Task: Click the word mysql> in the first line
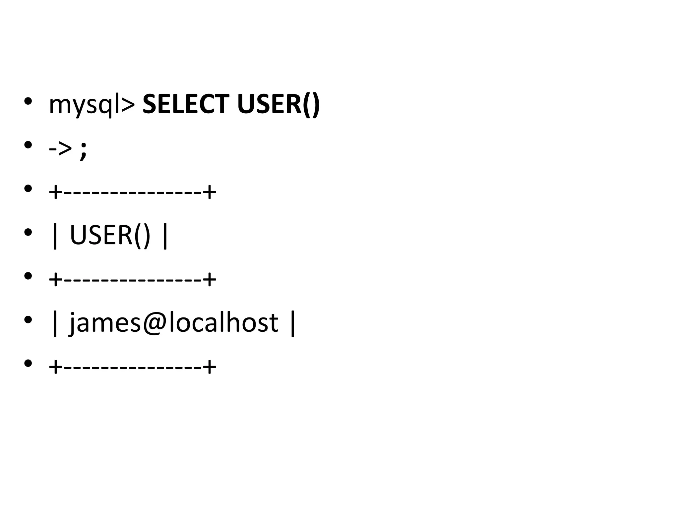pos(92,104)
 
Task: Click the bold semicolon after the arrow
pos(83,151)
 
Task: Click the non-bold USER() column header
pos(110,235)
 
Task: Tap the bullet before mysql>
pos(28,101)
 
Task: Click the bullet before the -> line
pos(28,145)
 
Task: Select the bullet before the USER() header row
pos(28,232)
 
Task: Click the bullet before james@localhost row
pos(28,320)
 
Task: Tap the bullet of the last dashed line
pos(28,364)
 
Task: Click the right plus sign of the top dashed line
pos(210,192)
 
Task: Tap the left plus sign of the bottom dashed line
pos(55,367)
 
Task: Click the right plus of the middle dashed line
pos(210,279)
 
